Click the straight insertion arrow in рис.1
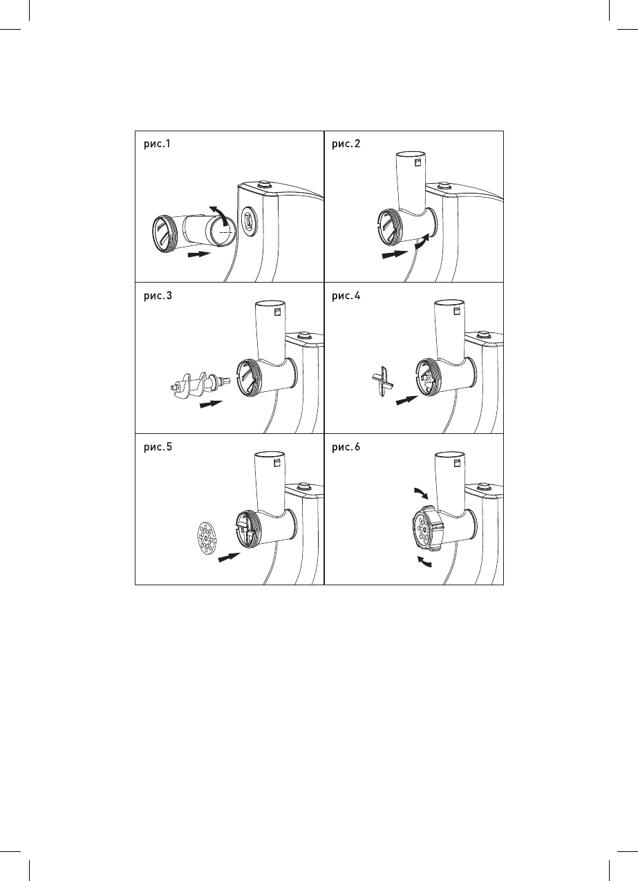pyautogui.click(x=198, y=255)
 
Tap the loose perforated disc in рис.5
pyautogui.click(x=205, y=538)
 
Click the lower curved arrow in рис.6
pyautogui.click(x=421, y=562)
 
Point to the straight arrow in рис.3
pyautogui.click(x=212, y=404)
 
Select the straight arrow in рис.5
pyautogui.click(x=229, y=557)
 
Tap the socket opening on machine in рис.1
pyautogui.click(x=247, y=222)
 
